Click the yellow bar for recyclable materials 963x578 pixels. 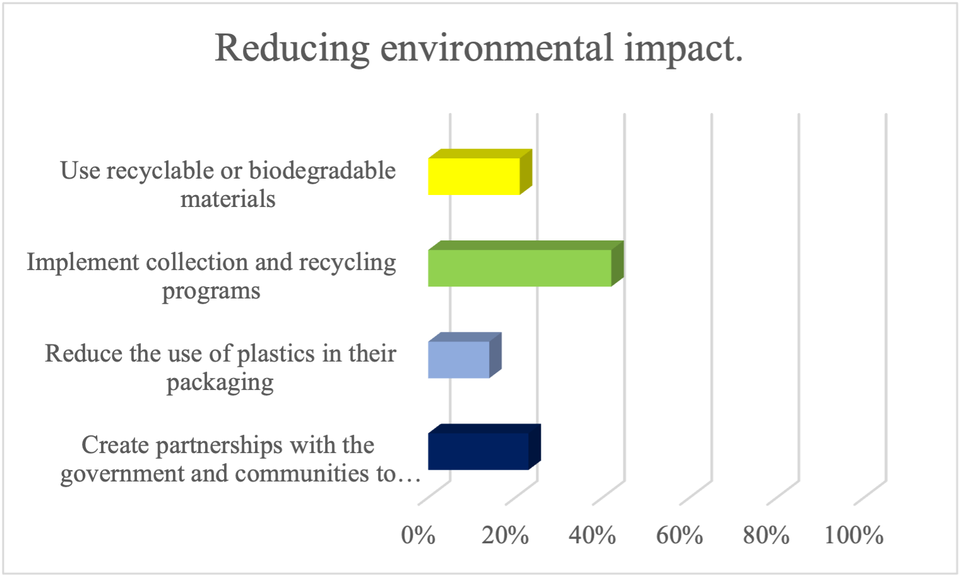(474, 176)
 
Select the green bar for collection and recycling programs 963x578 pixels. (519, 268)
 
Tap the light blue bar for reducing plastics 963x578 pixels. (459, 360)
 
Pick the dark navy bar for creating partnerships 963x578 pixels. (478, 451)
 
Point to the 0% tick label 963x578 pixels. (418, 535)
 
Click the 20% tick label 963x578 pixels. (505, 535)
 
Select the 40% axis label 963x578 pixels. (592, 535)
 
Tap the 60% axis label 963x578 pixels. (679, 535)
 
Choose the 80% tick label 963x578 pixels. (766, 535)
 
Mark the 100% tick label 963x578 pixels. (854, 535)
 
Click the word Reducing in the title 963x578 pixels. (292, 49)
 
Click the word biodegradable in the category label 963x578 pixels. (322, 171)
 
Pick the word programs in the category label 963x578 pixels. (211, 292)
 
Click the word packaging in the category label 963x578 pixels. (220, 383)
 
